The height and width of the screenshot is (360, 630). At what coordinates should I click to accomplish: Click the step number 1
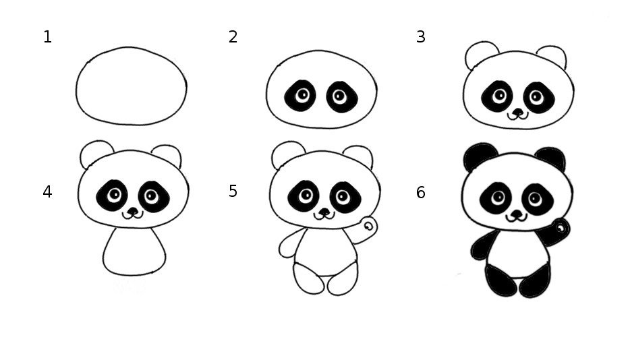47,37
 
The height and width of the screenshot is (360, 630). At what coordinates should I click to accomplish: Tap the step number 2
233,37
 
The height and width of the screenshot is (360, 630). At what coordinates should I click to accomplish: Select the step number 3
421,37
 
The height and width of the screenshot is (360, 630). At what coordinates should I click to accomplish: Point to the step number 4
47,192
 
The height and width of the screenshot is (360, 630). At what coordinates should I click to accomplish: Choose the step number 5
233,191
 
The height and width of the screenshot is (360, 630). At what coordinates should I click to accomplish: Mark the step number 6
421,193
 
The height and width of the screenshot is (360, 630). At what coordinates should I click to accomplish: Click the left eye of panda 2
299,96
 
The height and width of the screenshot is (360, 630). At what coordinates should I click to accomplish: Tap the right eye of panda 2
342,97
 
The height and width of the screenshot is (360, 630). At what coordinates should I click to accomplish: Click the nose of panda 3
518,112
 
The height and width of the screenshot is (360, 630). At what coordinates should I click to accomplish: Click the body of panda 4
134,251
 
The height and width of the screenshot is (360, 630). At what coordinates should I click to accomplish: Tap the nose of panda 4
133,211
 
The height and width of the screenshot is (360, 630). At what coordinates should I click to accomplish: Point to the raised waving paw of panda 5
368,227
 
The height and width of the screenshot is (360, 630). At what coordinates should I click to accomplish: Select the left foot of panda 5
308,279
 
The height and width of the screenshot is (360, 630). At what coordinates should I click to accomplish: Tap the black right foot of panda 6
535,281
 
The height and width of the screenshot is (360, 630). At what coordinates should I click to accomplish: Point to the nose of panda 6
516,213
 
